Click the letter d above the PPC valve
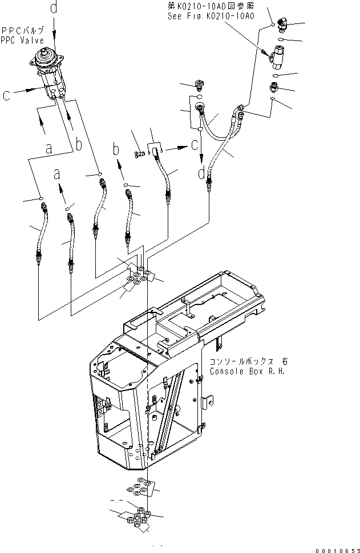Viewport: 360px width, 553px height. [x=54, y=8]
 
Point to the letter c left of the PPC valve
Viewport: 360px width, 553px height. [x=6, y=96]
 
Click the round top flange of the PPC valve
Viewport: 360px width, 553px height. [x=46, y=58]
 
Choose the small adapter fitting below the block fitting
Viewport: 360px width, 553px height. [x=274, y=87]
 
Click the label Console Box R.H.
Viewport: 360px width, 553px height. [x=240, y=371]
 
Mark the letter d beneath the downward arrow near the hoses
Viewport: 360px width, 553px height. [x=201, y=172]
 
